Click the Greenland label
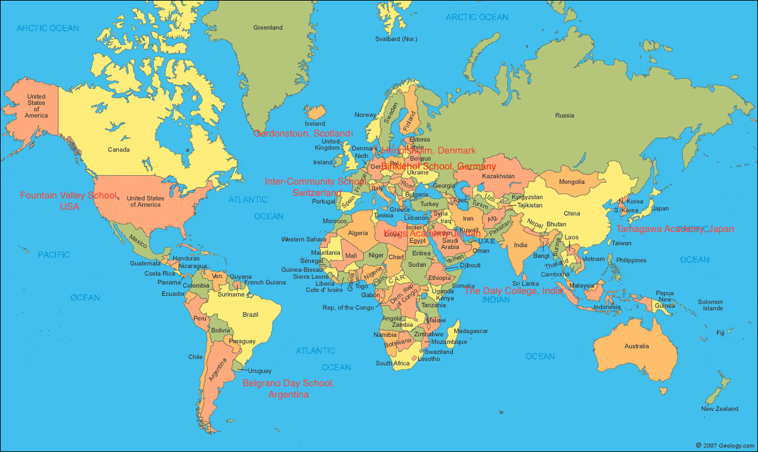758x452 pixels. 268,28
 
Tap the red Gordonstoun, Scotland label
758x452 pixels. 301,133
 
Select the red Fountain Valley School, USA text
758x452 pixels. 69,201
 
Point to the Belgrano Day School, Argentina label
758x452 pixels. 289,389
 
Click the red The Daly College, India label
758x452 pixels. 514,291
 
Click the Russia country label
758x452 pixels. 564,115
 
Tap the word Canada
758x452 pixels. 119,150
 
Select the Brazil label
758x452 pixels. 251,314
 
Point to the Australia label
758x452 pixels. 636,346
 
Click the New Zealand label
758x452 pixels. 719,409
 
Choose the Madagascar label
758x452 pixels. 471,331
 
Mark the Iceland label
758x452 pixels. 315,123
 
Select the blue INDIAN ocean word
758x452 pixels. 496,300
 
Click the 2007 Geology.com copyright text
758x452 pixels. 725,445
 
